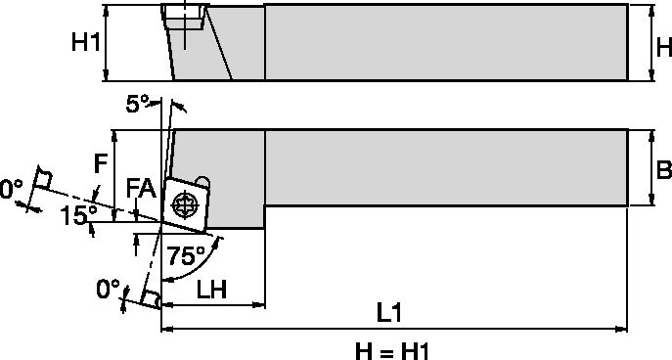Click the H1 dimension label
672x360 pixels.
[x=86, y=42]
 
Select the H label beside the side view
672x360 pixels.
[x=662, y=46]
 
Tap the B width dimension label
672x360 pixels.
[x=662, y=169]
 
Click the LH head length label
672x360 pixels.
[x=212, y=290]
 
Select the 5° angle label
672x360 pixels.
[x=139, y=103]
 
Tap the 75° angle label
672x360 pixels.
[x=187, y=256]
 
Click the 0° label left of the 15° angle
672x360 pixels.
[x=11, y=186]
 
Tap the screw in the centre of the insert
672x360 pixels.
[x=184, y=204]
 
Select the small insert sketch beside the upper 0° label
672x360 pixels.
[x=42, y=180]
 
